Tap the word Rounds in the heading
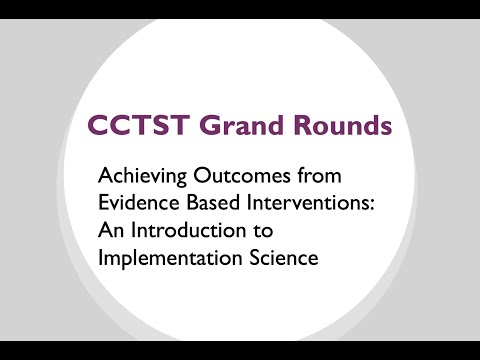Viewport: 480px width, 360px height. (336, 128)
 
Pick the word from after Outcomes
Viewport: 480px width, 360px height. (323, 176)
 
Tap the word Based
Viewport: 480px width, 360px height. (208, 203)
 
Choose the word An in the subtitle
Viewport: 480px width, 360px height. (110, 230)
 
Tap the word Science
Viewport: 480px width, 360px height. (279, 257)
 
